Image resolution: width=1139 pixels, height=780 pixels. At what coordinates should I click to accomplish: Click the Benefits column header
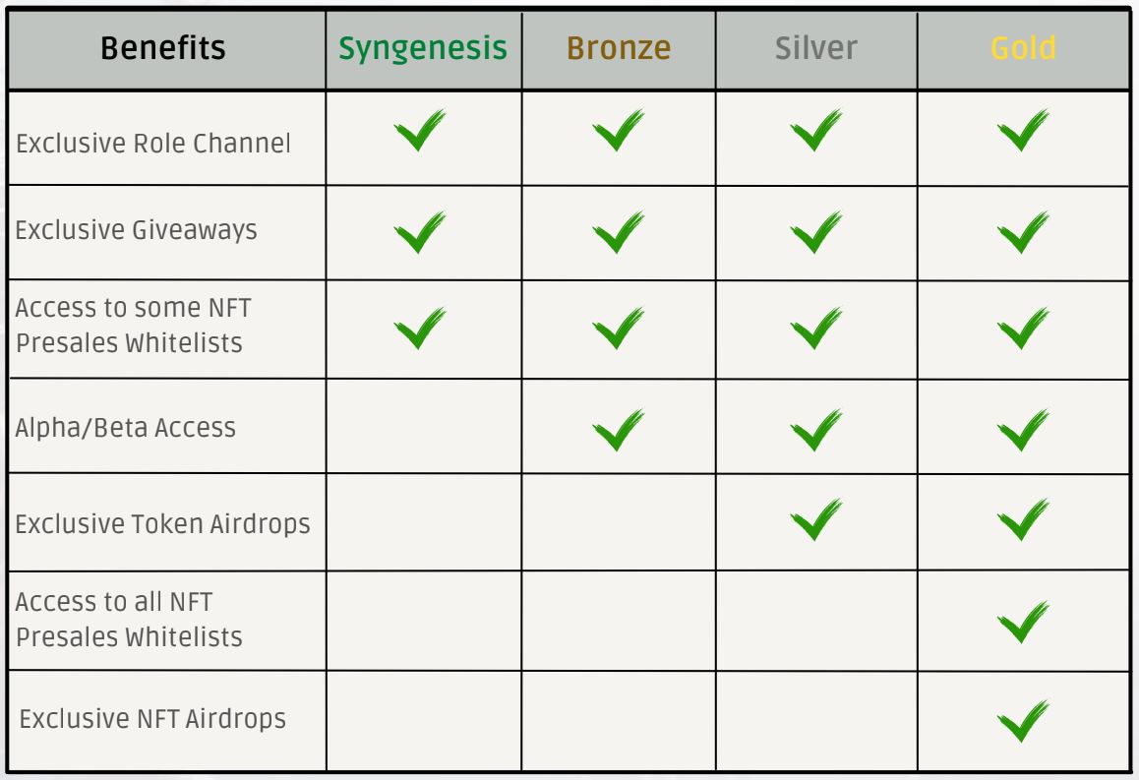pos(162,48)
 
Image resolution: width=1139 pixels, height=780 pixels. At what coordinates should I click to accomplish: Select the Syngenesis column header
pos(423,48)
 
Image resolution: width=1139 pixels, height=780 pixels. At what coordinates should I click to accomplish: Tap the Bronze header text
pos(618,48)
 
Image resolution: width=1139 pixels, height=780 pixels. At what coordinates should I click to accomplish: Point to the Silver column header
pos(815,48)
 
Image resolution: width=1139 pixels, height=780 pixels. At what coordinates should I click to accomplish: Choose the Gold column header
pos(1023,48)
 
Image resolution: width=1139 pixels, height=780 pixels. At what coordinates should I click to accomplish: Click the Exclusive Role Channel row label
pos(152,143)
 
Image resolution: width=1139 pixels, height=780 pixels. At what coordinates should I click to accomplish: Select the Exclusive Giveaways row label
pos(137,230)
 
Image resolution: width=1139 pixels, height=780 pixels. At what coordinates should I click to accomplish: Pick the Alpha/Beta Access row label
pos(126,428)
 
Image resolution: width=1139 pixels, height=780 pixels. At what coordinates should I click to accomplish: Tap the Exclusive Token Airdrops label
pos(162,523)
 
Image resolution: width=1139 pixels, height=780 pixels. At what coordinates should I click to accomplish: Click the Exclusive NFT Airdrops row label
pos(152,718)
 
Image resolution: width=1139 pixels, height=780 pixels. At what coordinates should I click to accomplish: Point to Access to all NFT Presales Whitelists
pos(129,620)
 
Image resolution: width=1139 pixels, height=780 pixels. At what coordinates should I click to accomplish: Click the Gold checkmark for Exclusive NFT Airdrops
pos(1023,720)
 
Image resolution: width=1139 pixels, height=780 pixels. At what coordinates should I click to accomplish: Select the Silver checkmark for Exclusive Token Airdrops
pos(815,519)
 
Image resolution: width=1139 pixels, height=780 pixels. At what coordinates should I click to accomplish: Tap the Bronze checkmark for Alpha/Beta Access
pos(618,430)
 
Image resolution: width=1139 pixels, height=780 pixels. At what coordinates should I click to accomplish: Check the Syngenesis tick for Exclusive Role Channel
pos(420,130)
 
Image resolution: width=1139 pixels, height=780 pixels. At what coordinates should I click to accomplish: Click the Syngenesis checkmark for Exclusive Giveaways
pos(420,232)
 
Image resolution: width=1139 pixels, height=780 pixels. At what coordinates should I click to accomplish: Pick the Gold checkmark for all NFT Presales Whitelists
pos(1023,622)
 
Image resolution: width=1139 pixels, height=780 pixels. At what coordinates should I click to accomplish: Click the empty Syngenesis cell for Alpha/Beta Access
pos(424,426)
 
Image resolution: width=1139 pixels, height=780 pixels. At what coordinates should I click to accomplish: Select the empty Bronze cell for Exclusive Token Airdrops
pos(619,522)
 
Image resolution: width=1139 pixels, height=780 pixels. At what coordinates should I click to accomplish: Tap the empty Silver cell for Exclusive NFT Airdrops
pos(816,720)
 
